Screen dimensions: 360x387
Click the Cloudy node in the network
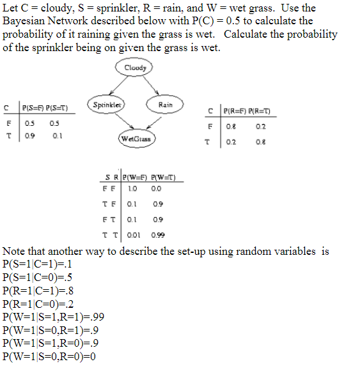pos(136,68)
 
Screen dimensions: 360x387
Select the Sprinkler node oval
pos(107,104)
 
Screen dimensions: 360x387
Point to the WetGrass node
pos(137,138)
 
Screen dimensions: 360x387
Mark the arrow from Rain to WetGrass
pos(151,123)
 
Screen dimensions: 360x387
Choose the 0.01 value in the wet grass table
pos(133,234)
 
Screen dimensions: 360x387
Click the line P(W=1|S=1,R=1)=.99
pos(54,316)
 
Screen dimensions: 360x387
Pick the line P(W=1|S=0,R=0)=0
pos(49,356)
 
